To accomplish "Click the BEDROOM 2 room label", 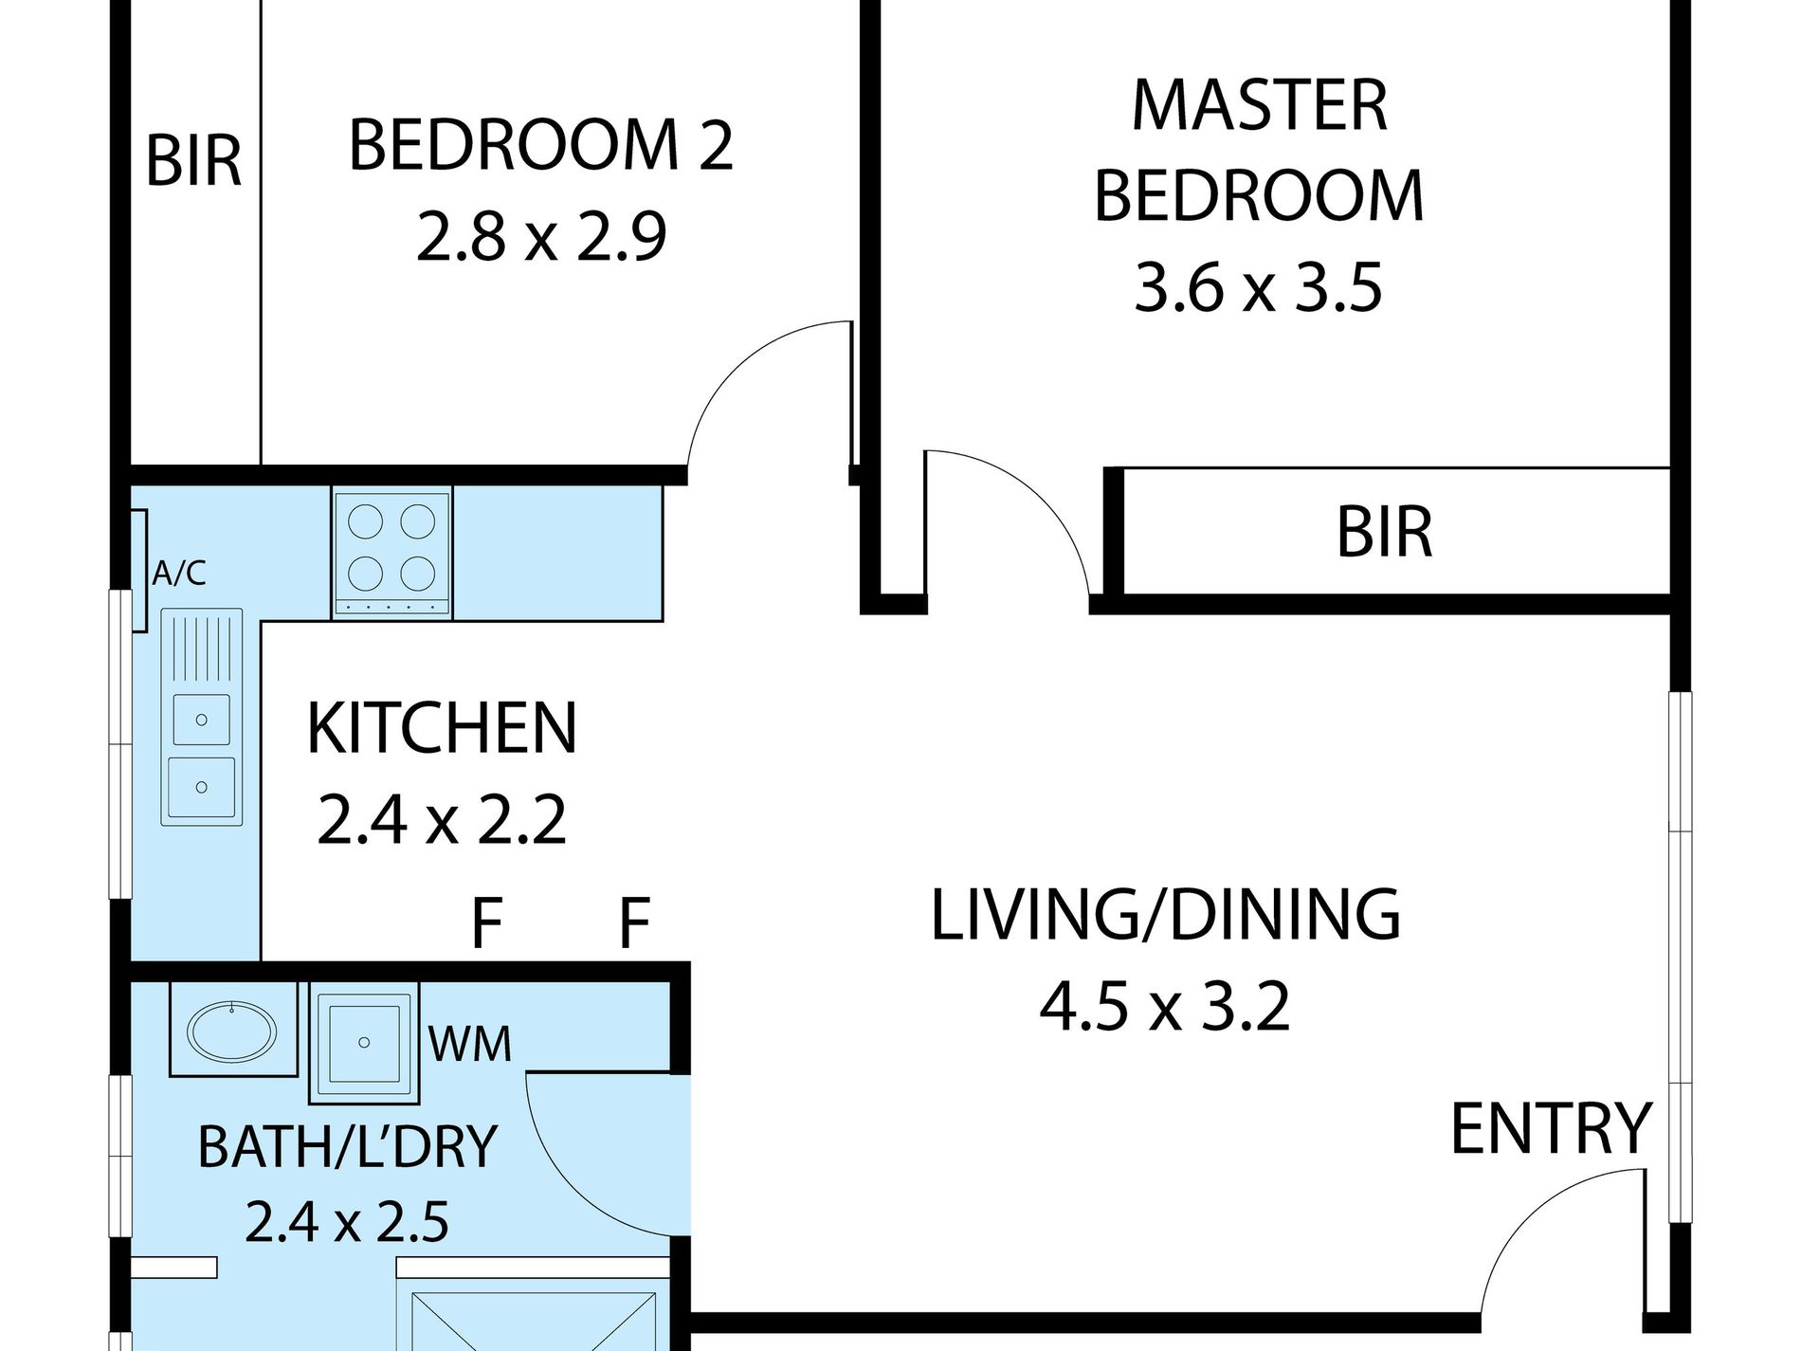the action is pyautogui.click(x=541, y=145).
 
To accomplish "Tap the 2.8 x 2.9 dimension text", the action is pyautogui.click(x=541, y=236).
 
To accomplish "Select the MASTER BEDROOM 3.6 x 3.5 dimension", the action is pyautogui.click(x=1259, y=287).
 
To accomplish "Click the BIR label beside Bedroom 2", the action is pyautogui.click(x=193, y=161).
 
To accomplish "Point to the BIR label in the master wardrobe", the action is pyautogui.click(x=1384, y=532).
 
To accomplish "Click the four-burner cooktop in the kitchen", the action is pyautogui.click(x=391, y=553).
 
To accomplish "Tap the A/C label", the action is pyautogui.click(x=179, y=573).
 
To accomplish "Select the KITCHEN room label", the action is pyautogui.click(x=442, y=728).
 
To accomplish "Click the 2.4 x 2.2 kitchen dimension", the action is pyautogui.click(x=442, y=819).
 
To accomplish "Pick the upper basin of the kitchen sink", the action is pyautogui.click(x=201, y=720).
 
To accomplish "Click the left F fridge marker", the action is pyautogui.click(x=486, y=922).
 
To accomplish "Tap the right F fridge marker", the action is pyautogui.click(x=634, y=922).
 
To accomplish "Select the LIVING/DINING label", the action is pyautogui.click(x=1165, y=915).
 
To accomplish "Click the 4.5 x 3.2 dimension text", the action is pyautogui.click(x=1165, y=1006).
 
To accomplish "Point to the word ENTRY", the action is pyautogui.click(x=1552, y=1128).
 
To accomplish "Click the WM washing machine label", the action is pyautogui.click(x=470, y=1043).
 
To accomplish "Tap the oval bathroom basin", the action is pyautogui.click(x=232, y=1029).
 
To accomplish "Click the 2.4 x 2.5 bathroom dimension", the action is pyautogui.click(x=347, y=1221).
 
